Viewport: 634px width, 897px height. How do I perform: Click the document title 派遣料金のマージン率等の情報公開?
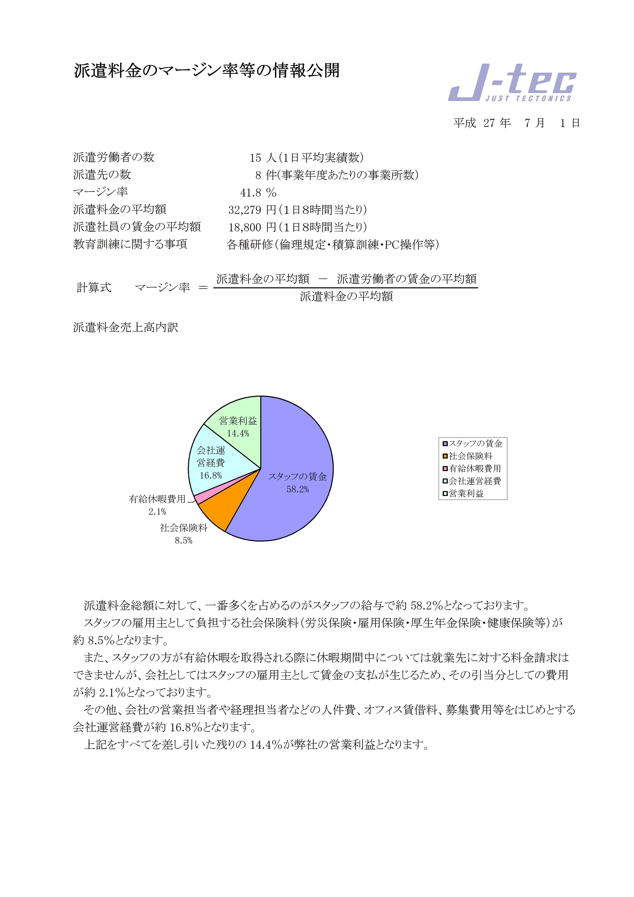207,71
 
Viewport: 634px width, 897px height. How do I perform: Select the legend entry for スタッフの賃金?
475,443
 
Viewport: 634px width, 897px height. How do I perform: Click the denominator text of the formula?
346,297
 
